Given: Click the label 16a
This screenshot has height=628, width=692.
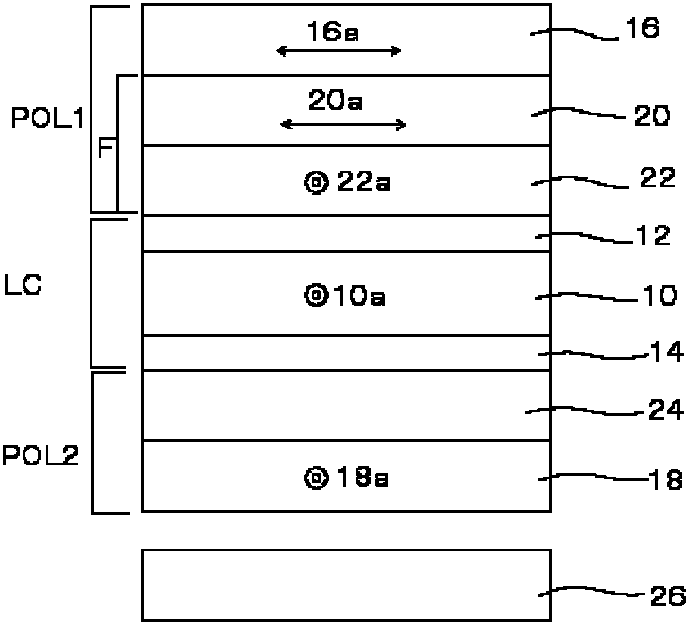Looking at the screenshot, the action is [333, 32].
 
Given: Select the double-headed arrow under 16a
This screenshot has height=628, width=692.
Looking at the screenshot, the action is [339, 51].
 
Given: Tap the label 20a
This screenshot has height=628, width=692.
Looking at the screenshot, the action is [335, 100].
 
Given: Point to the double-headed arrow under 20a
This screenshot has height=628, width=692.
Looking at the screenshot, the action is [343, 124].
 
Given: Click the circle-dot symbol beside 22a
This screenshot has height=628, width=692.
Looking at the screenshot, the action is [316, 182].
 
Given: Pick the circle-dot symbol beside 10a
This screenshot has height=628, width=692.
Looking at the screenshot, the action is [316, 295].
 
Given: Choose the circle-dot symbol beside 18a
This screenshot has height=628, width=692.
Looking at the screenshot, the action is [316, 477].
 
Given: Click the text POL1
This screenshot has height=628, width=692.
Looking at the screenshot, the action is [47, 118].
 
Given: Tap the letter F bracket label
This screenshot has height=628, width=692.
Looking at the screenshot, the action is [105, 147].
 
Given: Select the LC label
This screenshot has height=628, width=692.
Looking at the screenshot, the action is [23, 285].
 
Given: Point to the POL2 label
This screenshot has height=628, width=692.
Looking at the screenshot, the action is [41, 455].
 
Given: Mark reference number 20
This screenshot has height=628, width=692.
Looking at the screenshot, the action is [652, 116].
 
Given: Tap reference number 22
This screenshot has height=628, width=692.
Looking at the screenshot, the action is [658, 178].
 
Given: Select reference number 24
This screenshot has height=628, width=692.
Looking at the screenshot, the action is [666, 410].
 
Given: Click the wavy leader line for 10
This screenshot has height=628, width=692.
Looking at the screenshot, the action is [586, 297].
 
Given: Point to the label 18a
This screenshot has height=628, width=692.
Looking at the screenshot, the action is [362, 477].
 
